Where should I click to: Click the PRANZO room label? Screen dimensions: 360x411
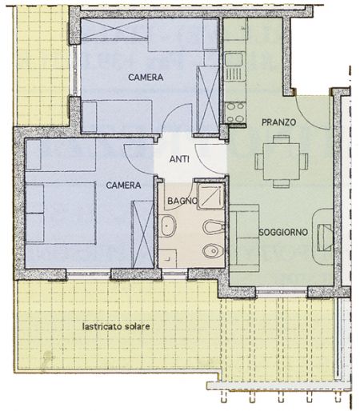278,122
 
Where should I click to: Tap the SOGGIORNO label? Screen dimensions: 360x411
283,232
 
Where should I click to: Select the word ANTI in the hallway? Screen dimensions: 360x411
179,159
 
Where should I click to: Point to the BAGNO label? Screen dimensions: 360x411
182,201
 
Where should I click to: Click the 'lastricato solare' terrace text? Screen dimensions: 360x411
116,326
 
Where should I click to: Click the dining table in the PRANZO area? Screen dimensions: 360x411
282,162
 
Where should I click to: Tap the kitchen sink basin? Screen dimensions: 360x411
234,59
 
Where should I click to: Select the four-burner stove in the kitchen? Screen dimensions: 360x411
234,112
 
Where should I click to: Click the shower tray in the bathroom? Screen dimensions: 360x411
210,196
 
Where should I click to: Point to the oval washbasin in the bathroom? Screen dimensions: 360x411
168,226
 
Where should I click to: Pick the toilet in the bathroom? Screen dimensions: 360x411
213,251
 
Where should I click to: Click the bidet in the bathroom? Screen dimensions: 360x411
214,227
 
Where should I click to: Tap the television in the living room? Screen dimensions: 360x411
324,237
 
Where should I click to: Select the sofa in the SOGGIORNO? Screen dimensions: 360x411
245,238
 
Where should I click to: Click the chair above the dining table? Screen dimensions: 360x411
282,139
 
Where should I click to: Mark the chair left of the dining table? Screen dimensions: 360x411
259,162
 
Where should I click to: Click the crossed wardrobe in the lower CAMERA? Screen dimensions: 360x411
143,234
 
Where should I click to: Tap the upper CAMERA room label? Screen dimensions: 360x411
146,78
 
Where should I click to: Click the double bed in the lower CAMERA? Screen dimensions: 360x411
61,213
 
